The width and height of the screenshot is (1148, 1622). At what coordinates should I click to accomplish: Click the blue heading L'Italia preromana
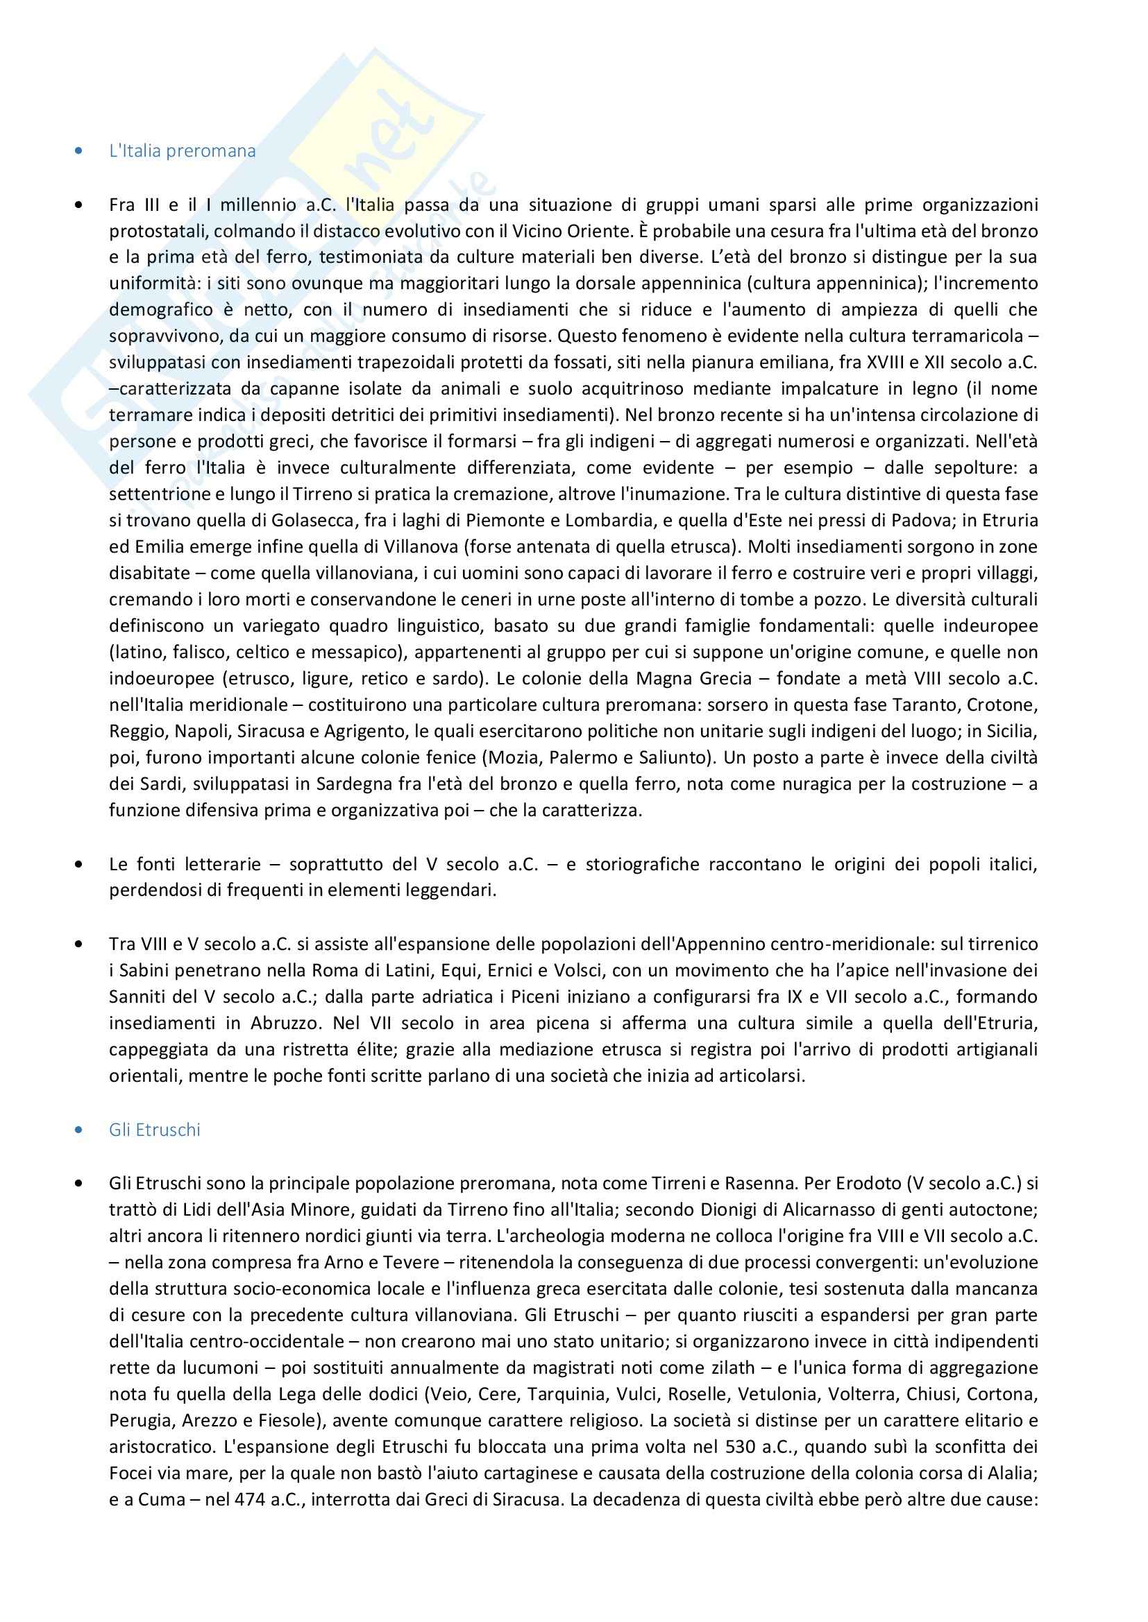[x=183, y=151]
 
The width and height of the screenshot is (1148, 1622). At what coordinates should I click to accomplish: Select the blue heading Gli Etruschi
[x=155, y=1130]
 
